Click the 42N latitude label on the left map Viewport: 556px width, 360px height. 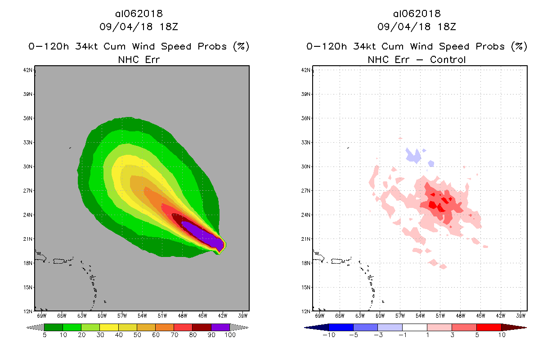coord(28,70)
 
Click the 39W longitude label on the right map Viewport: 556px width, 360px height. coord(520,315)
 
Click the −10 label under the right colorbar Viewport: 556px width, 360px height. coord(328,335)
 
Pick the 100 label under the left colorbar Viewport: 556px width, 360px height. coord(229,335)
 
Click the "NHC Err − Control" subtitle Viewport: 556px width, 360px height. coord(417,59)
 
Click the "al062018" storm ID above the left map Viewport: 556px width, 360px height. coord(139,14)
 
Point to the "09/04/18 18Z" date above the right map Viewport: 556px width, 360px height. coord(417,27)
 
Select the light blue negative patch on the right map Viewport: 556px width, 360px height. coord(413,156)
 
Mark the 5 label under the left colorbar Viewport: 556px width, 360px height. coord(44,335)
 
